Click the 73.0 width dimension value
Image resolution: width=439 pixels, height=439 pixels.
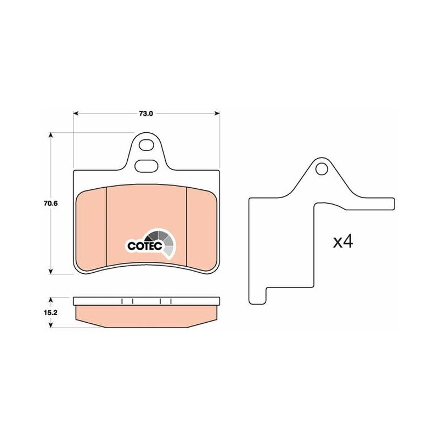146,114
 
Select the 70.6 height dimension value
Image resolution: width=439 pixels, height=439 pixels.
50,204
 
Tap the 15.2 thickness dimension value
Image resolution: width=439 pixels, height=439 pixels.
50,312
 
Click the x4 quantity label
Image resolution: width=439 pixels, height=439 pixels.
343,241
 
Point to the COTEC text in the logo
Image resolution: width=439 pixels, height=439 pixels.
145,246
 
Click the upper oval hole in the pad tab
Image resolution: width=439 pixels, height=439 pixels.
146,145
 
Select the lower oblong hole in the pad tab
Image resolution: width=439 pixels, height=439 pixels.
146,166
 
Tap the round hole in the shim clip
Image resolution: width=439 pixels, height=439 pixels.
322,169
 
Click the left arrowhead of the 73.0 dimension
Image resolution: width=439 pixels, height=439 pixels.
76,114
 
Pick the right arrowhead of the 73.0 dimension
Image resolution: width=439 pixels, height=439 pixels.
217,114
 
